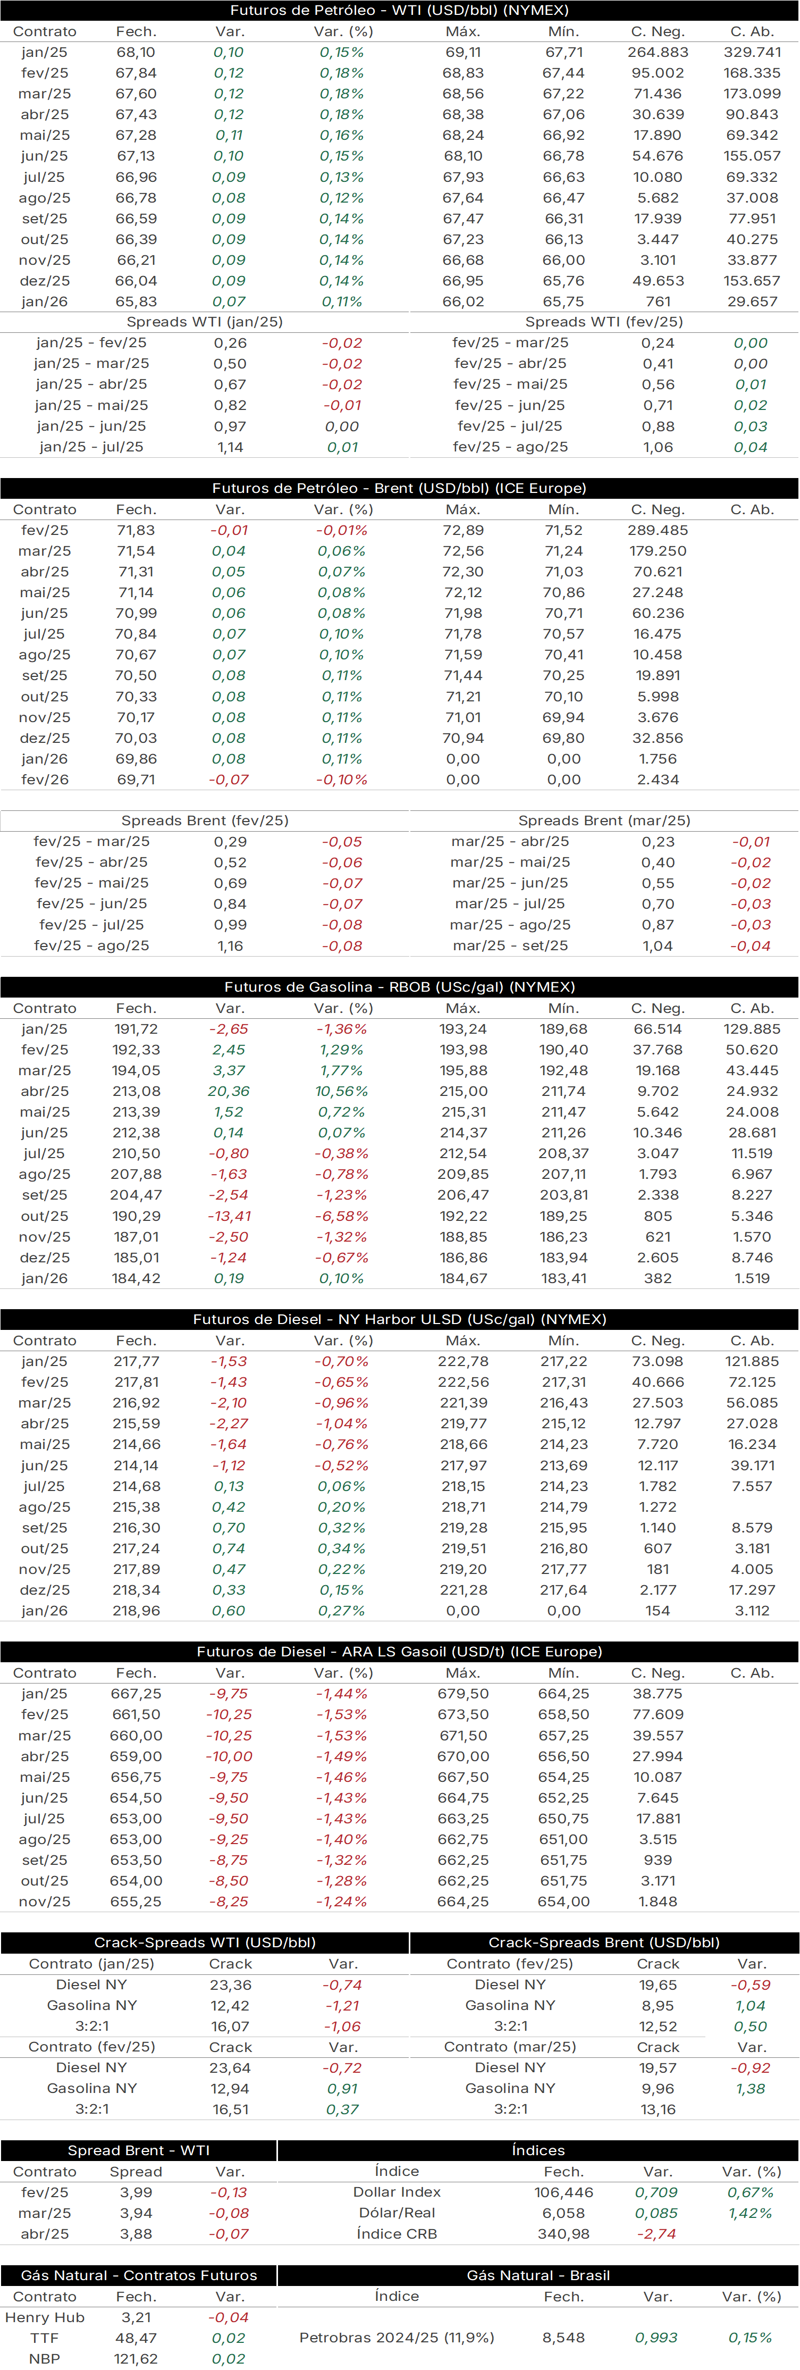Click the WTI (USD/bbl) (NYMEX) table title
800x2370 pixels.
click(x=399, y=10)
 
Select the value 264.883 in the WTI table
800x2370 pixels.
click(x=658, y=53)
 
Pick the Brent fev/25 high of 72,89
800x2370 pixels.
click(x=462, y=530)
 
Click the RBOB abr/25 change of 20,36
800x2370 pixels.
click(x=229, y=1091)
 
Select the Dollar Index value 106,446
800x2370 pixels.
click(x=563, y=2192)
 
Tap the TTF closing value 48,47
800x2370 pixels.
click(x=136, y=2338)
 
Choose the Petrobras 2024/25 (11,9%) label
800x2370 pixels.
click(x=397, y=2338)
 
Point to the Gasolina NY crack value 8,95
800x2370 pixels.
click(x=658, y=2006)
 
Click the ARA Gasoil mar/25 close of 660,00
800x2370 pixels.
click(x=136, y=1735)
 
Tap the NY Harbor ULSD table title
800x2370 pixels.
click(x=399, y=1319)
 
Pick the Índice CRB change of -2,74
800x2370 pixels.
click(x=656, y=2234)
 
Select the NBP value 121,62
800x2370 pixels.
click(x=136, y=2359)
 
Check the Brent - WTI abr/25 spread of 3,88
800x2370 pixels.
click(x=136, y=2234)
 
